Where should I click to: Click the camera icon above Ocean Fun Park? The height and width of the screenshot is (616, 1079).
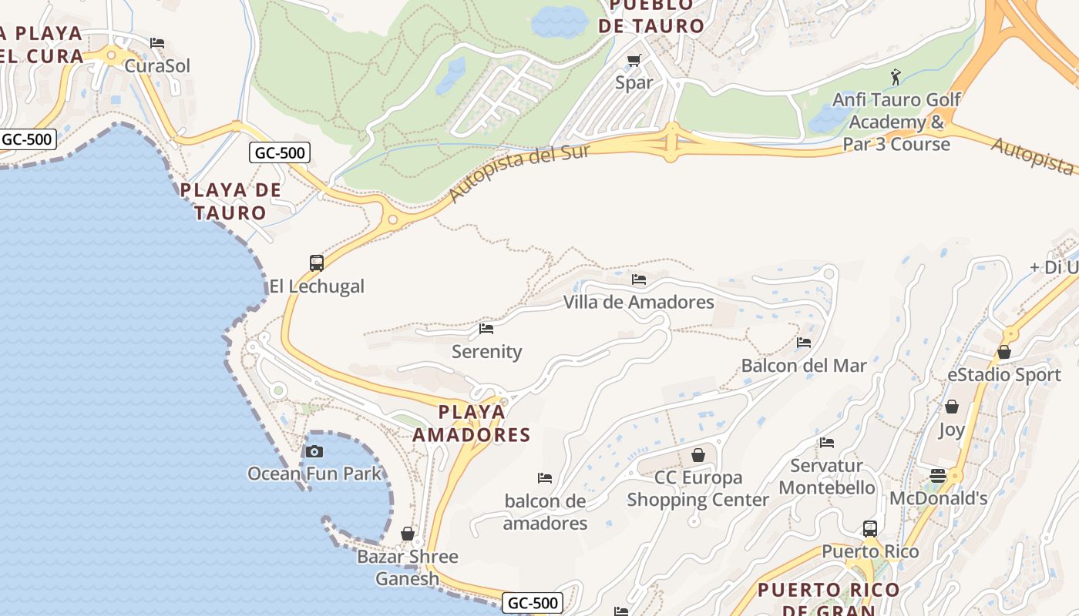point(314,452)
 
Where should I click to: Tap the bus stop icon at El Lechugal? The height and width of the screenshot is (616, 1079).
point(317,263)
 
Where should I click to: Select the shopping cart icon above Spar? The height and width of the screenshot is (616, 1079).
point(634,61)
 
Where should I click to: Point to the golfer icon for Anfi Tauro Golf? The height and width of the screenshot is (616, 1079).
point(895,77)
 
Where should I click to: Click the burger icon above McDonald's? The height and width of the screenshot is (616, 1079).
point(938,476)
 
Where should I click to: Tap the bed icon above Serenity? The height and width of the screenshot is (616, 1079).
point(486,329)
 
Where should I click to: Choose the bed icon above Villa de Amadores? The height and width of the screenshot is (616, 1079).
point(639,280)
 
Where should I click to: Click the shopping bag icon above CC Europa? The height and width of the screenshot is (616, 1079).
point(698,455)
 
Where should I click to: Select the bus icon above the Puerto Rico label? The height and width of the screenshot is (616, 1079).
point(870,529)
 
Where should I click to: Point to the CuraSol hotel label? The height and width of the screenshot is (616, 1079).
point(157,66)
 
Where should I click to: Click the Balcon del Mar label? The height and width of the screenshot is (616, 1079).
point(804,366)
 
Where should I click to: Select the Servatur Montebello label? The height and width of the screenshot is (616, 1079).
point(827,477)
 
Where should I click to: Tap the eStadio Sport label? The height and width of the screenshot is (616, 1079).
point(1004,375)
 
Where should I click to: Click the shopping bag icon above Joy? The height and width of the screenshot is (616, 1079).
point(952,407)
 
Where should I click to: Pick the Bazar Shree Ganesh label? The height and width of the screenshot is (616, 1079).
point(408,567)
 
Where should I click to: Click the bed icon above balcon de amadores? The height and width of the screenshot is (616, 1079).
point(545,478)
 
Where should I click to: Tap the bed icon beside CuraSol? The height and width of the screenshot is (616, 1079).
point(157,43)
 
